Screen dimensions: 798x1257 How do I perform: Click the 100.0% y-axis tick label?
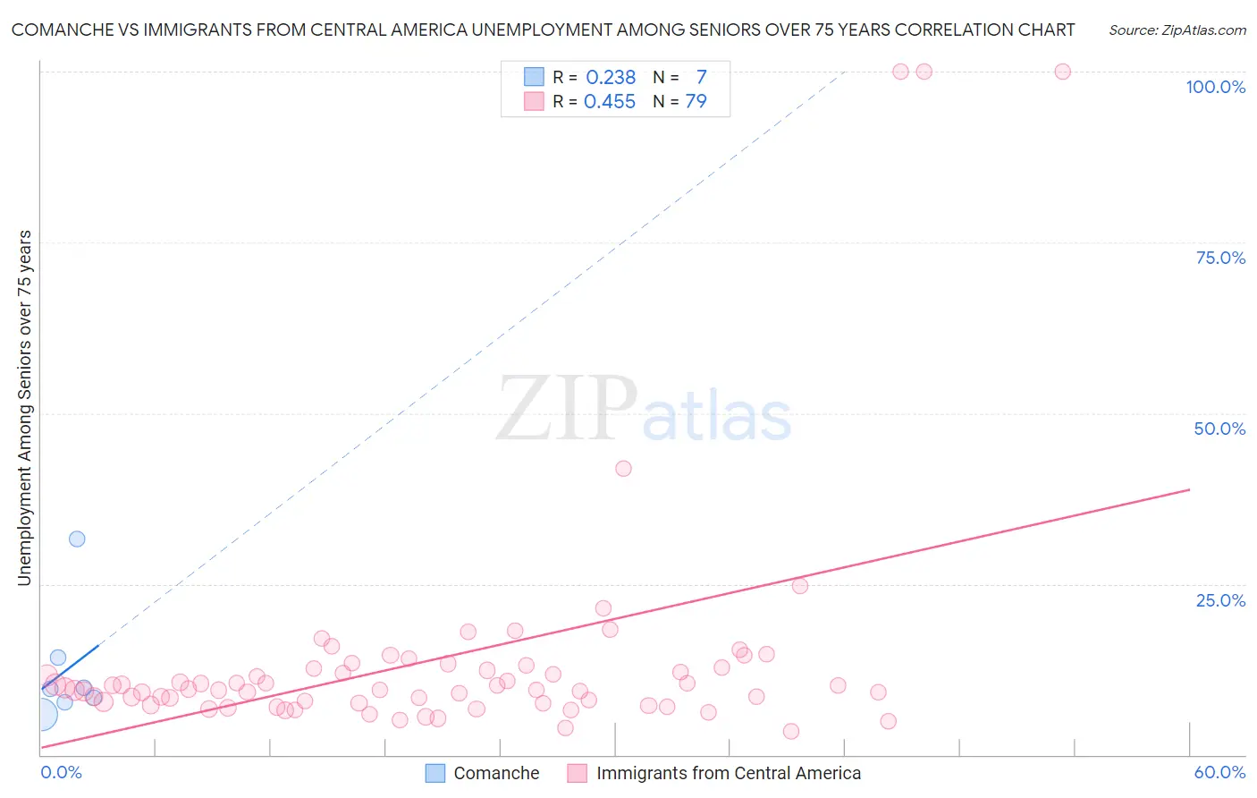1215,87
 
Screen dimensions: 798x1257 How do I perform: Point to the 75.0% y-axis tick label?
1220,258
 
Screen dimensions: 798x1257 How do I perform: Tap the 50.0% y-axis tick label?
1219,429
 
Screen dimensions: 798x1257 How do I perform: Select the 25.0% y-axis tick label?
1220,600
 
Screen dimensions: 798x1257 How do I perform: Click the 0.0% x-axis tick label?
61,772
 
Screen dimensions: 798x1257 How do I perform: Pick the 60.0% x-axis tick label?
1219,772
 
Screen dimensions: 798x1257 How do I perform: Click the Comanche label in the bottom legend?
496,773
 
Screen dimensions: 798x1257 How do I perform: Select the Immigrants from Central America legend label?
729,773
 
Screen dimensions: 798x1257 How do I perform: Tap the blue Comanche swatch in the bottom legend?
435,773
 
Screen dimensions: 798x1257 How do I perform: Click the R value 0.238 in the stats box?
611,78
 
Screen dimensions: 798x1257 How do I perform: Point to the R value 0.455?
610,102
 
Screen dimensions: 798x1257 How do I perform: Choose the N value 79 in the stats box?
696,102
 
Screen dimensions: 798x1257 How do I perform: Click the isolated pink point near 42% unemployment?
624,469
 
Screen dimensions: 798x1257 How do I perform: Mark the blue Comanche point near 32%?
77,539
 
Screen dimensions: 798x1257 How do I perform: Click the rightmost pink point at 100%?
1063,72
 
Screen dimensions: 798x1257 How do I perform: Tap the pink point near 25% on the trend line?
800,586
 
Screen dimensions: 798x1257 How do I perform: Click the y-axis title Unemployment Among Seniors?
25,408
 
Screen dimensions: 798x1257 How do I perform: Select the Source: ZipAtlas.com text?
1177,30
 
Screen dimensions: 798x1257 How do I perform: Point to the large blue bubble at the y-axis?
40,714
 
